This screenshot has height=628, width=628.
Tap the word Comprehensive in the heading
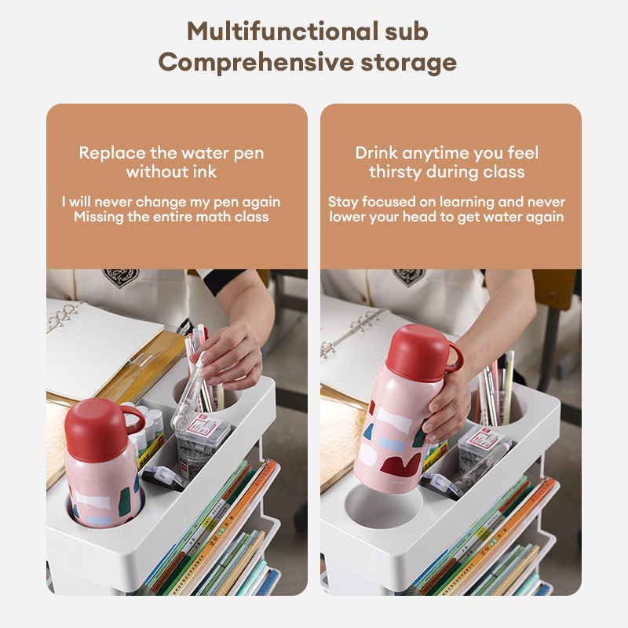(256, 63)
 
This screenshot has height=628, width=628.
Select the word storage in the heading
(408, 64)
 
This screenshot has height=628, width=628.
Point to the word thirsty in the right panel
(395, 172)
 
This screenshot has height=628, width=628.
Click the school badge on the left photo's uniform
(121, 277)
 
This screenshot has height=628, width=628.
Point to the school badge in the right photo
(408, 276)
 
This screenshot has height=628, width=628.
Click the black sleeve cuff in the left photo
(225, 279)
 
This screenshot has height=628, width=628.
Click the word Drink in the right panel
(377, 152)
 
